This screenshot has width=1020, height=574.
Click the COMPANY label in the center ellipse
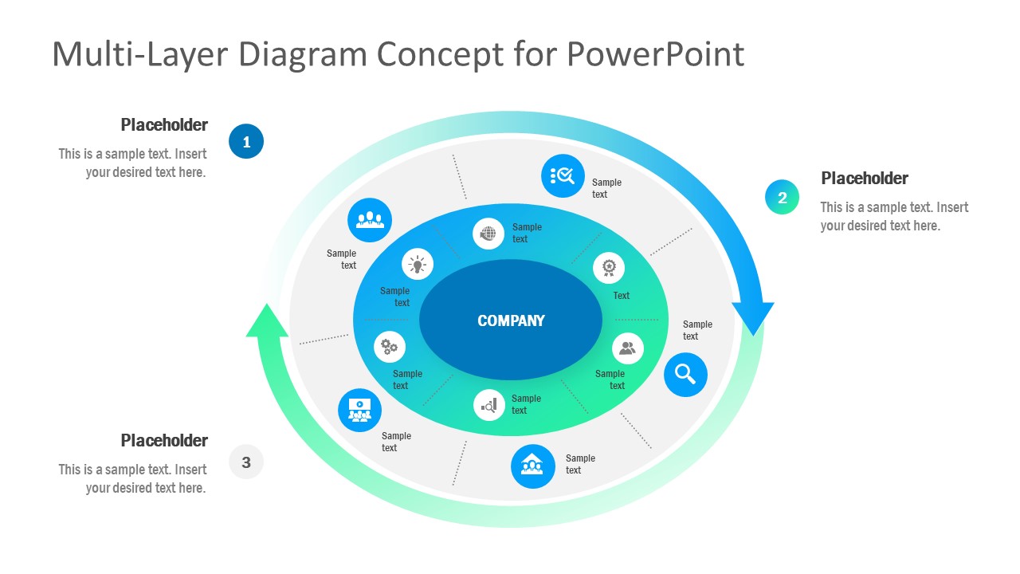pos(511,320)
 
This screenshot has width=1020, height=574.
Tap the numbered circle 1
pos(246,142)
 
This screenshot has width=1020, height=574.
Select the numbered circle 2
pos(782,198)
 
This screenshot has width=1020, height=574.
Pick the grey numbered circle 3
pos(246,462)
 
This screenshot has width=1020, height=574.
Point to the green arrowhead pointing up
pos(267,321)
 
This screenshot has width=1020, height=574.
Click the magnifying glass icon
pos(685,374)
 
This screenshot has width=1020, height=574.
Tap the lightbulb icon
pos(418,264)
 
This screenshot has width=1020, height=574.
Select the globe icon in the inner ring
pos(488,234)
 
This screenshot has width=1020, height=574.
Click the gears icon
pos(390,347)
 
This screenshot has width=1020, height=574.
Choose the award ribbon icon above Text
pos(609,267)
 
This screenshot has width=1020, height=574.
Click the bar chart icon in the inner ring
pos(489,405)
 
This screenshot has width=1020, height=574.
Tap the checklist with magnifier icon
pos(563,175)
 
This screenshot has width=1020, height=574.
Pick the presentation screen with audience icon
pos(360,411)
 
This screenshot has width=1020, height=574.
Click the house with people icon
pos(532,466)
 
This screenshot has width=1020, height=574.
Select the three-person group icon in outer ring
pos(370,220)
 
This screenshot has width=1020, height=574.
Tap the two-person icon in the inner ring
pos(627,348)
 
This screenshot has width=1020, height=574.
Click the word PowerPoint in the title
pos(655,54)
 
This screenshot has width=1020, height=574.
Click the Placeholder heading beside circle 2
pos(865,179)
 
